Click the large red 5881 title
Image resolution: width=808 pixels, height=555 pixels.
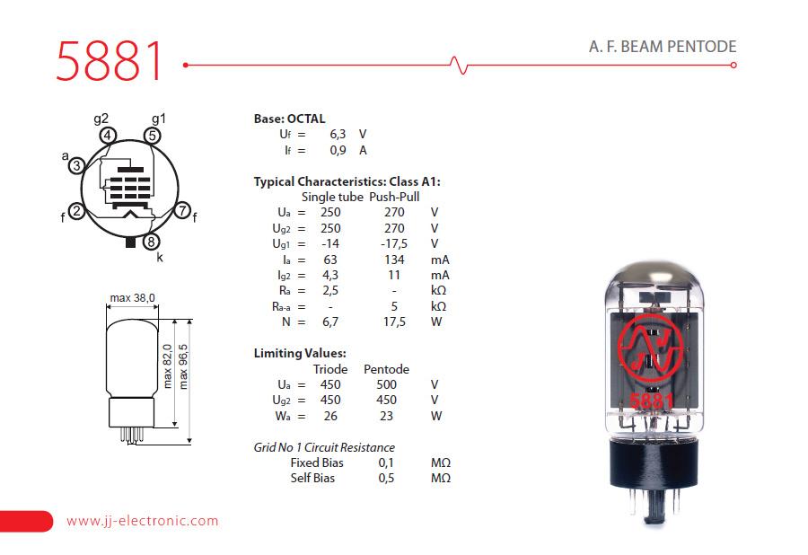(110, 62)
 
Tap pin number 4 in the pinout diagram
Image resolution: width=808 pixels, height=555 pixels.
(108, 136)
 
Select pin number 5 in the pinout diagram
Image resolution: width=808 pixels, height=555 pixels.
(152, 136)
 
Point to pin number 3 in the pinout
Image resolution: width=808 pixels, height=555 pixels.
(78, 165)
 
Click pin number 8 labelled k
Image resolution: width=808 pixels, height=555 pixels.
(152, 242)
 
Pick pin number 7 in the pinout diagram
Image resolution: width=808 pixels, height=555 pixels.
(182, 212)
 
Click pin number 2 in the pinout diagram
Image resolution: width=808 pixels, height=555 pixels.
(77, 212)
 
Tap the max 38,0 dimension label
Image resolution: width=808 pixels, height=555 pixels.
(133, 297)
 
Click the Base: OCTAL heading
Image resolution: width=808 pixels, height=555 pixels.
(289, 119)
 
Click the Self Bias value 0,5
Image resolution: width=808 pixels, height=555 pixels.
(387, 478)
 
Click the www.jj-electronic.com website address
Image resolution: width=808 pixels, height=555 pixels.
(143, 521)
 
